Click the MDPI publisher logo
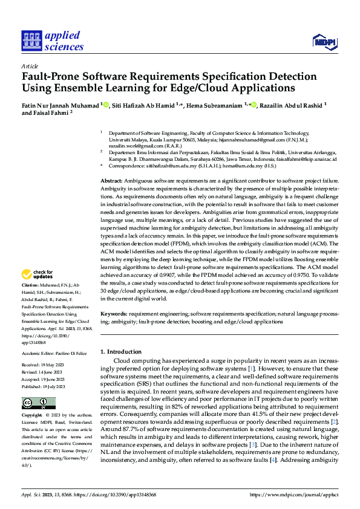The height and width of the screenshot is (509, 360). [324, 41]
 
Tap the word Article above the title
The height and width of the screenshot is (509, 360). [30, 66]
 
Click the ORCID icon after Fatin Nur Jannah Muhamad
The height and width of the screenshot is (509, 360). [106, 104]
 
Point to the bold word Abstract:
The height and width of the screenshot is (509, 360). [111, 181]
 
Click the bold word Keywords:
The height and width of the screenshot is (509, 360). [114, 314]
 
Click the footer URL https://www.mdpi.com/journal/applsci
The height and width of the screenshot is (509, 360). [301, 494]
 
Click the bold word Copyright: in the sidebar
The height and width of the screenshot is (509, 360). [32, 416]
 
